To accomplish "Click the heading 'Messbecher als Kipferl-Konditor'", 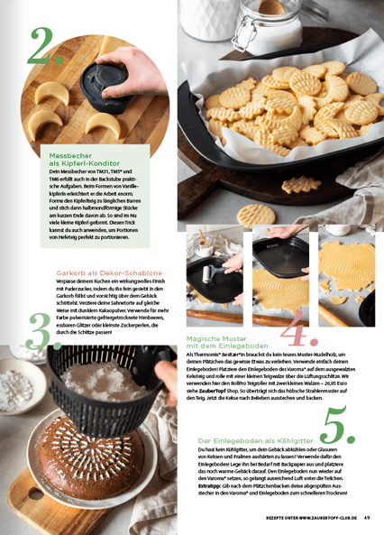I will coord(79,159).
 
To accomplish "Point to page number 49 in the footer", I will coord(368,517).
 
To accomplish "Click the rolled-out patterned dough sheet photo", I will coord(350,275).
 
